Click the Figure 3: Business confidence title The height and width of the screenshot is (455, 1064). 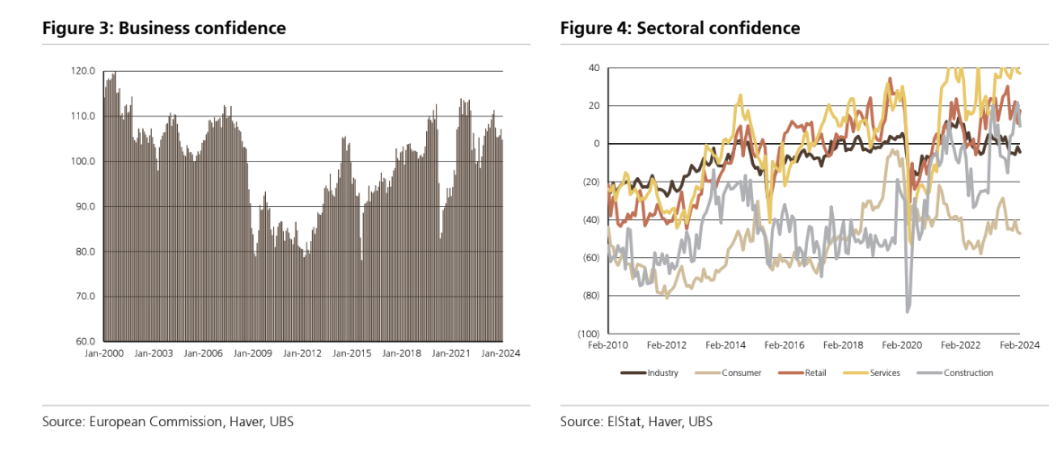click(x=164, y=28)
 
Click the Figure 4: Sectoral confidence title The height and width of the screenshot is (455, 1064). click(x=679, y=28)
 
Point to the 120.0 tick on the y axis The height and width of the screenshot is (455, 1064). click(x=84, y=71)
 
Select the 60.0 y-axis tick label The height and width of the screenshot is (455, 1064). click(x=84, y=342)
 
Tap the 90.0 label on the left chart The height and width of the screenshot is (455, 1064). click(x=84, y=207)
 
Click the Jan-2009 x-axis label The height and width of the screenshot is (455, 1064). click(x=253, y=353)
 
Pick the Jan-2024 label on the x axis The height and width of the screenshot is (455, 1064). click(x=501, y=353)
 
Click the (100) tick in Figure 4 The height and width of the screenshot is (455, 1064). click(x=589, y=334)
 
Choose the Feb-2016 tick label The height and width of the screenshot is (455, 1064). click(x=785, y=344)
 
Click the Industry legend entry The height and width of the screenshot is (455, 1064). click(x=662, y=372)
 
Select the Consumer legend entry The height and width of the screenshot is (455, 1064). click(x=741, y=372)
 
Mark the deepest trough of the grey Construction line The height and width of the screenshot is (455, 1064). click(x=908, y=311)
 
